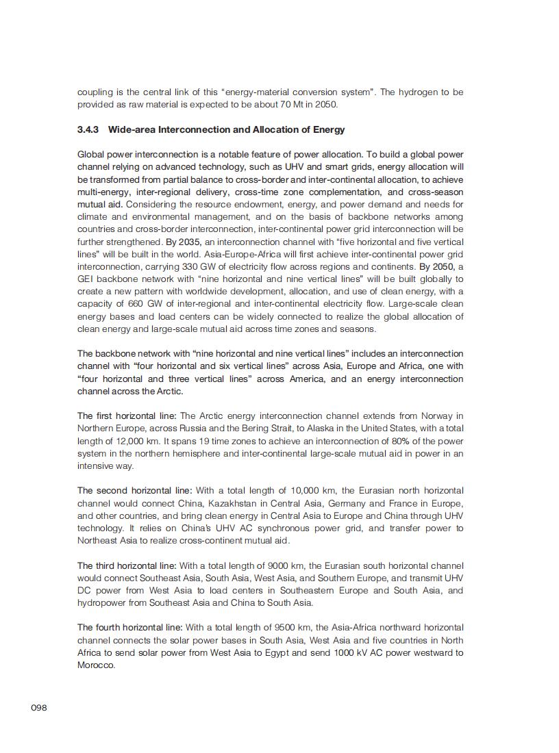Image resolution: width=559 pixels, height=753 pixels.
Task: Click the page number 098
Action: click(x=39, y=707)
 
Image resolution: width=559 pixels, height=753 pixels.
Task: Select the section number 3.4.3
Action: click(x=89, y=129)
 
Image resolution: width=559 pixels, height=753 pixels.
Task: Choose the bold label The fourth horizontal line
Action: click(x=129, y=627)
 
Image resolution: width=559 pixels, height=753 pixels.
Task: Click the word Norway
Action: click(x=437, y=416)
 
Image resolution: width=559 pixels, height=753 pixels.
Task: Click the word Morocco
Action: click(x=96, y=665)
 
